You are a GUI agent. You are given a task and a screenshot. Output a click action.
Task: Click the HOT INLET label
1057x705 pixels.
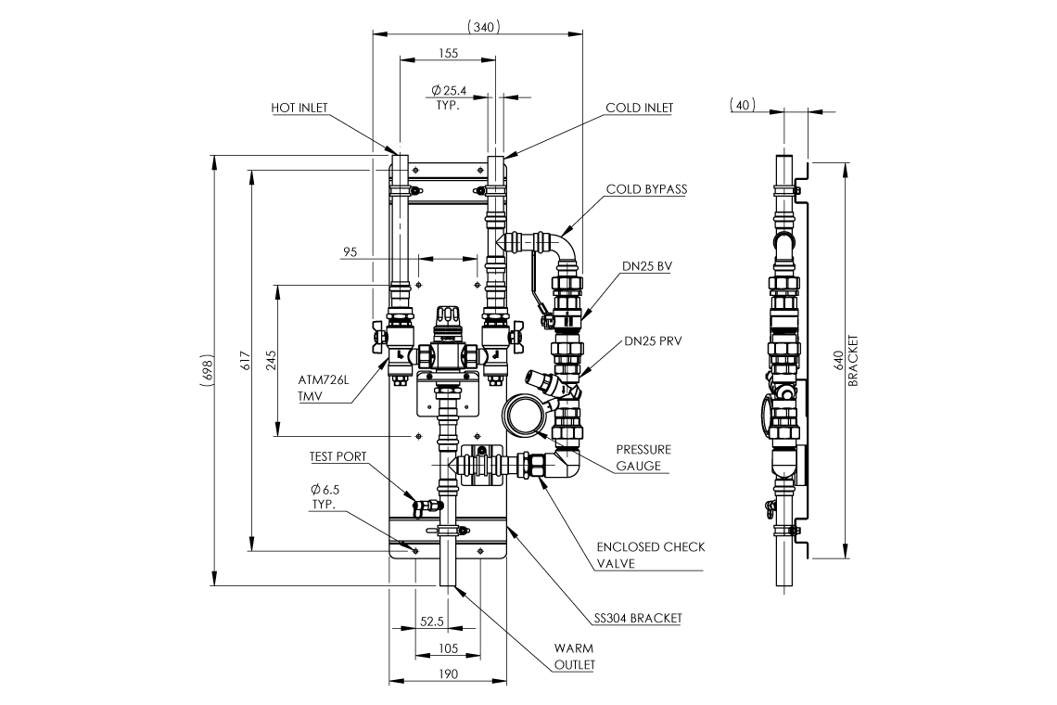[x=299, y=108]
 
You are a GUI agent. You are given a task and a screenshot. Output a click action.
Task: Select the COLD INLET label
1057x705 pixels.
[x=639, y=108]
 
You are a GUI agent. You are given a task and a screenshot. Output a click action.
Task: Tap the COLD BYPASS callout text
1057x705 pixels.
[x=646, y=189]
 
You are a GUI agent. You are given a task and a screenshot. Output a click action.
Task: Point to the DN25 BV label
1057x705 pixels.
[x=646, y=266]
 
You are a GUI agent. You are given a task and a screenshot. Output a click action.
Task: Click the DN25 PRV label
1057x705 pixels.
[x=653, y=341]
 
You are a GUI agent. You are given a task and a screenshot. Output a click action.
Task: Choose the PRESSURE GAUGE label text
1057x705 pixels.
[x=643, y=457]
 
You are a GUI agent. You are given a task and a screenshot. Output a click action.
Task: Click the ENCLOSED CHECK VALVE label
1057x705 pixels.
[x=651, y=555]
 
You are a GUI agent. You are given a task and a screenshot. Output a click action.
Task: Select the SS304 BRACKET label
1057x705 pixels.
[x=638, y=618]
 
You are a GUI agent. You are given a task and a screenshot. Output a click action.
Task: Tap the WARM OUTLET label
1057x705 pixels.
[x=574, y=657]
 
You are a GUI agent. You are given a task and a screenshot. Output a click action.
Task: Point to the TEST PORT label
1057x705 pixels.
[x=337, y=456]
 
